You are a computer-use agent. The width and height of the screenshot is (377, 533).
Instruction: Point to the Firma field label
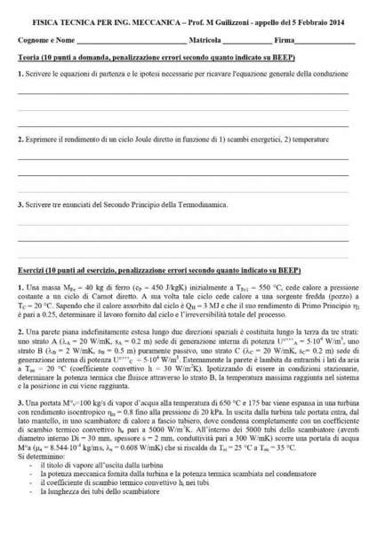click(x=285, y=41)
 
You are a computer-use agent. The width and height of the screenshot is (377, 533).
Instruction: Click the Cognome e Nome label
click(x=45, y=41)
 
